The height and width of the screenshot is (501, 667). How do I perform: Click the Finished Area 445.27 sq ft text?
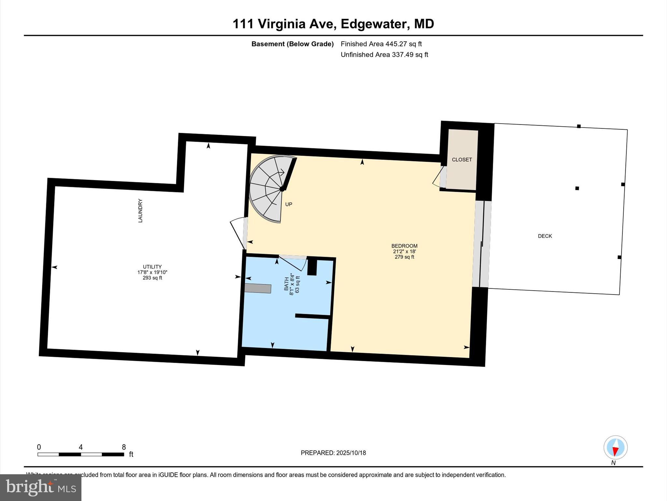pos(381,44)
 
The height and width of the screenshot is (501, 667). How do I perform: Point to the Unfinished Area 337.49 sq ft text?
pos(384,55)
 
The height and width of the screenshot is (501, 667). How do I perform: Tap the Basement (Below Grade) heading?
pos(292,44)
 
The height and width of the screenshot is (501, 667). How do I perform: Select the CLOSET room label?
pos(461,160)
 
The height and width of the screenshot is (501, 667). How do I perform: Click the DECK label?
pos(545,236)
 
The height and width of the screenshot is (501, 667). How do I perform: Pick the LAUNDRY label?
pos(140,211)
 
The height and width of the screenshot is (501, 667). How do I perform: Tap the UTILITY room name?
pos(152,267)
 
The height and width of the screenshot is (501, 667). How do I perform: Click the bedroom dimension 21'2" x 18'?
pos(404,251)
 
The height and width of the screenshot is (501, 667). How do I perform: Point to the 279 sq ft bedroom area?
pos(404,257)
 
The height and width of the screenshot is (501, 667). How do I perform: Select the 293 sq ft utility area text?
pos(152,278)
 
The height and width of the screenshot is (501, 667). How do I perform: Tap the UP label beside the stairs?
pos(289,205)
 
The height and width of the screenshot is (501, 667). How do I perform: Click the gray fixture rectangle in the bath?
pos(258,289)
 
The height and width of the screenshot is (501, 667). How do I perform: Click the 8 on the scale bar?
pos(124,447)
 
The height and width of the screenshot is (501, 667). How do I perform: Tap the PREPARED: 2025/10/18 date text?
pos(333,453)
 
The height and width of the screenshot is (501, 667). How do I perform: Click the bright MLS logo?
pos(41,488)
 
